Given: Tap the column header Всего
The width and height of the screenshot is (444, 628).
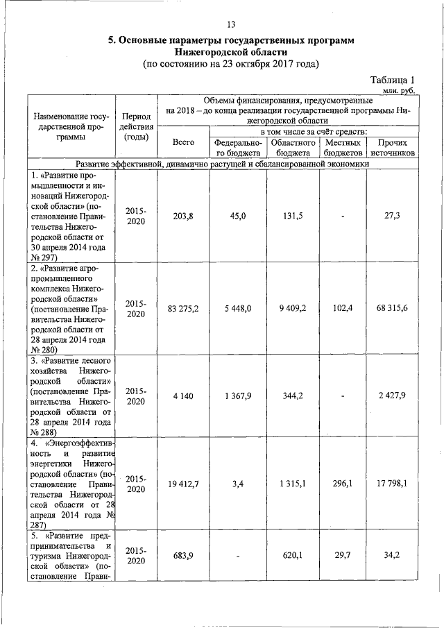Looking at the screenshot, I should (x=183, y=142).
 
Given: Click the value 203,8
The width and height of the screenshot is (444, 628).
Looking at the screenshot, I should (x=183, y=216).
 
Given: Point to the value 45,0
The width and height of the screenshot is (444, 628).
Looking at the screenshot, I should (x=237, y=216).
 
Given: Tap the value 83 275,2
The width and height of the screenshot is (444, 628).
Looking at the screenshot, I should (x=183, y=308).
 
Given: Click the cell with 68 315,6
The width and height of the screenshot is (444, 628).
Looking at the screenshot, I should (x=393, y=308).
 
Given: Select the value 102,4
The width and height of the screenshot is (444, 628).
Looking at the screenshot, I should (x=343, y=308).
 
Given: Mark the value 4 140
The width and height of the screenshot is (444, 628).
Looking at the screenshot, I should (x=183, y=396).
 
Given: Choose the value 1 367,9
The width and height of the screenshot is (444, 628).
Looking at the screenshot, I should (x=237, y=396).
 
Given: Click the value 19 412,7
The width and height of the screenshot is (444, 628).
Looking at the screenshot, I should (x=183, y=484).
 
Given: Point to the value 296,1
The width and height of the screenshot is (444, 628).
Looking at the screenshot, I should (x=343, y=484).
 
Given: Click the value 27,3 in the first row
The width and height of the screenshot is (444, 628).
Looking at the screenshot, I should (x=393, y=216).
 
